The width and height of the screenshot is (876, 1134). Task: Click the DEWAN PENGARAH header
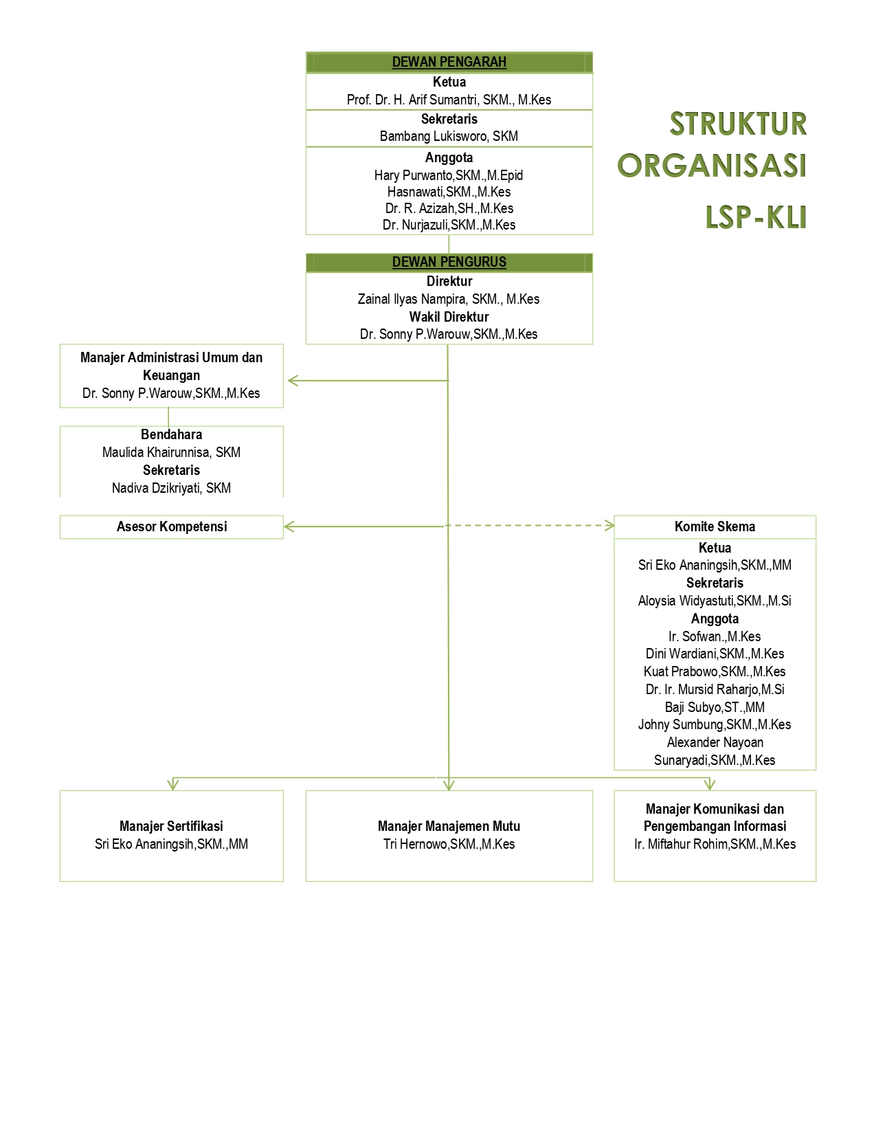(x=449, y=62)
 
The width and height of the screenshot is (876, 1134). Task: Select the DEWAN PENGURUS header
(x=449, y=262)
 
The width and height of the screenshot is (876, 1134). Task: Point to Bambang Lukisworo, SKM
(x=449, y=136)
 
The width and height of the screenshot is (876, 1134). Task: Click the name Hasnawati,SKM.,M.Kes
(x=449, y=192)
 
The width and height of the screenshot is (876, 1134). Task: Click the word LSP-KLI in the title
(x=756, y=217)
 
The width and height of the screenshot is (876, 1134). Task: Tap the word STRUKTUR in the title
(x=738, y=124)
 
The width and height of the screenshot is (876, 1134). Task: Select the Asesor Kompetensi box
(x=172, y=526)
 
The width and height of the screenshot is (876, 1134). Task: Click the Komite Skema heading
(x=715, y=526)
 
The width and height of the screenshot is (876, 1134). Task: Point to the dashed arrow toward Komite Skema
(x=529, y=525)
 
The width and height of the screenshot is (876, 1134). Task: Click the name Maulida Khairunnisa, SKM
(x=171, y=452)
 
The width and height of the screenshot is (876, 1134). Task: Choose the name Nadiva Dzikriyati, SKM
(x=171, y=488)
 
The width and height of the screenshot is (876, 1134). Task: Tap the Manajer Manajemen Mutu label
(x=449, y=826)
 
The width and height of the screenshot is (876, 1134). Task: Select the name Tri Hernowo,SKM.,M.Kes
(x=449, y=844)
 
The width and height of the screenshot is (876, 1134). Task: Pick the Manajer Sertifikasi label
(x=171, y=826)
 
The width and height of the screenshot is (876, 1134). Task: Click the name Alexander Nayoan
(x=715, y=742)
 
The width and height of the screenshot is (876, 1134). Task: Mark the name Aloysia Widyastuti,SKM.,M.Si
(x=715, y=601)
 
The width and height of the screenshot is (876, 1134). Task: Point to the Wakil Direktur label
(x=449, y=317)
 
